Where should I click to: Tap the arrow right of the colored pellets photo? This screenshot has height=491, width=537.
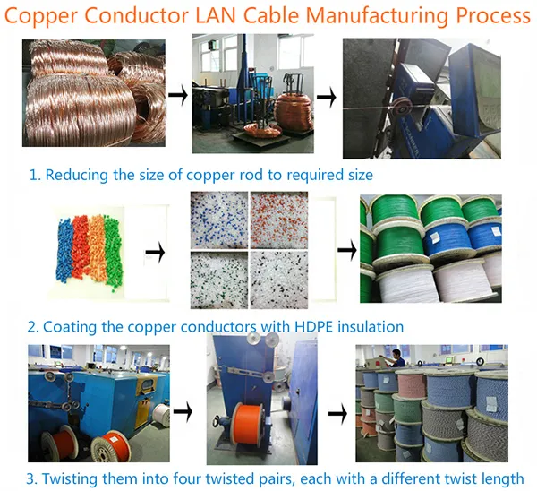tap(158, 252)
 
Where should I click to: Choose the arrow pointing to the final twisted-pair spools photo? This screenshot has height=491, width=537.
tap(336, 414)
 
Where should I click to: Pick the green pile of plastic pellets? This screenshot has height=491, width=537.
tap(113, 254)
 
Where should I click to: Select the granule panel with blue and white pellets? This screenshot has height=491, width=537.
tap(220, 220)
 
